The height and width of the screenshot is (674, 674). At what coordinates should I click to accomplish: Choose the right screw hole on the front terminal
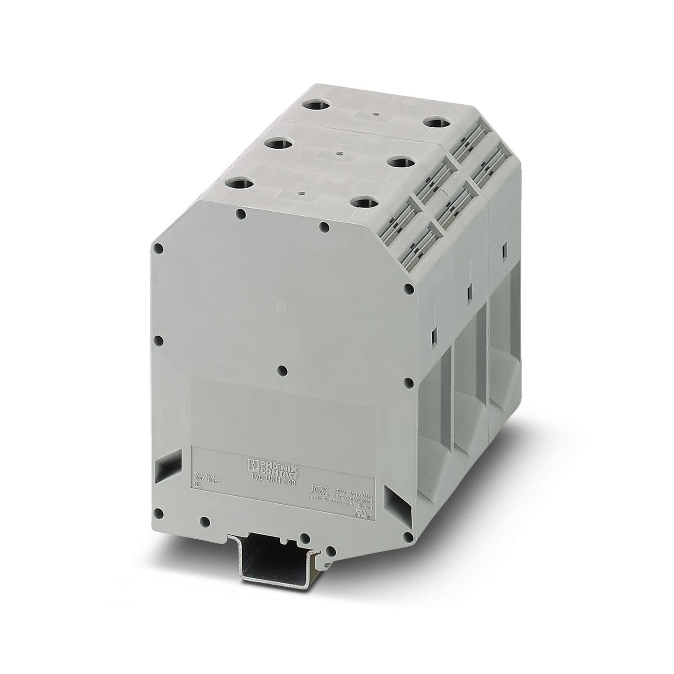[x=363, y=202]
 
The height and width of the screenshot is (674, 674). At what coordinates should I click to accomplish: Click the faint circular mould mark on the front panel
[x=280, y=307]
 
